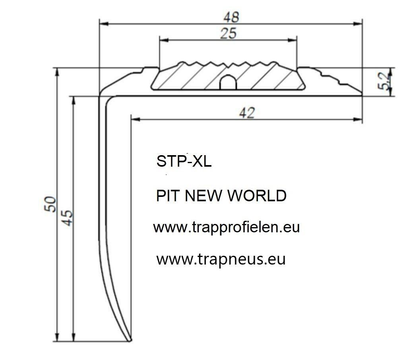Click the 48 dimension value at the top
pos(231,17)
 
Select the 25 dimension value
pos(228,34)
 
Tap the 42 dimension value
pos(247,113)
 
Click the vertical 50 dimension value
pos(51,204)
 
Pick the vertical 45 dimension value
pos(68,218)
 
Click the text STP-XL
pos(184,162)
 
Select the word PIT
pos(167,196)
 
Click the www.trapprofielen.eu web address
pos(226,228)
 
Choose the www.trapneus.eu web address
pos(221,259)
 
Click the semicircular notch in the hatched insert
pos(228,82)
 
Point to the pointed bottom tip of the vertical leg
pos(130,341)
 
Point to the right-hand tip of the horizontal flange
pos(362,95)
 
